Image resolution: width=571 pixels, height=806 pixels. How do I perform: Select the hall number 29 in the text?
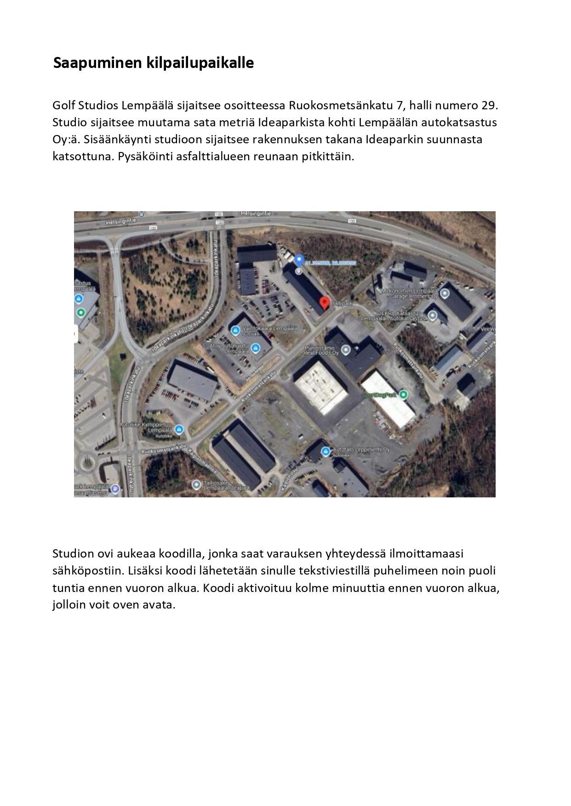point(489,106)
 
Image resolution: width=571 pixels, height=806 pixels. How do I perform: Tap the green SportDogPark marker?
point(404,394)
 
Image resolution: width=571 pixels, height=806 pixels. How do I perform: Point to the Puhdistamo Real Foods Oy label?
point(321,350)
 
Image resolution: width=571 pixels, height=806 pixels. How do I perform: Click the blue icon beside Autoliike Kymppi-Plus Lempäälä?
point(179,429)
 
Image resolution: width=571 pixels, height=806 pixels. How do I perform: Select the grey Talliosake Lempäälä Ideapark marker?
point(197,484)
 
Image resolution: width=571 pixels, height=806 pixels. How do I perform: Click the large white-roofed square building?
point(320,386)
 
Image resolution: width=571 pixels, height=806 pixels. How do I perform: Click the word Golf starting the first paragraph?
point(63,106)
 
